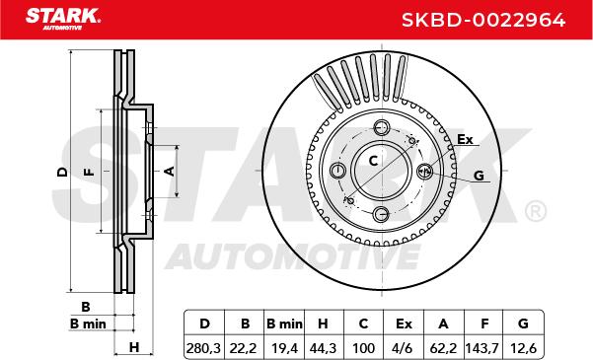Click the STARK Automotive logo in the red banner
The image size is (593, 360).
click(63, 19)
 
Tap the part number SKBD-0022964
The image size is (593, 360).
click(483, 20)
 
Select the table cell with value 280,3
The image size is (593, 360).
click(204, 348)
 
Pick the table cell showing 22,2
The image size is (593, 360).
click(244, 348)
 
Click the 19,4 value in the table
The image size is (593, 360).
click(283, 348)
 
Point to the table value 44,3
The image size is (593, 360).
click(324, 348)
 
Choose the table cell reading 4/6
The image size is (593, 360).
click(404, 348)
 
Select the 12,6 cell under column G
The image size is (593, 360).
click(523, 348)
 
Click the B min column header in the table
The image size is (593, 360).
click(284, 324)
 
